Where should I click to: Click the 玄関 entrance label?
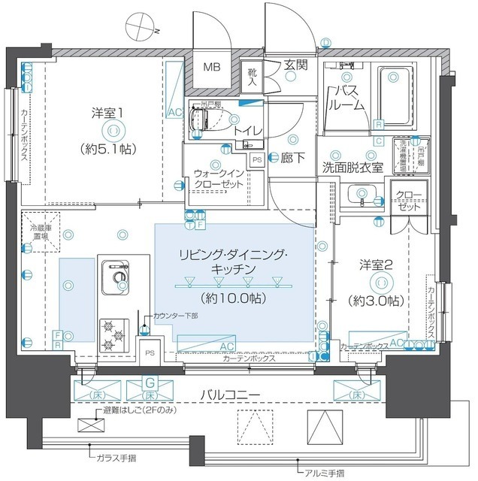pos(295,65)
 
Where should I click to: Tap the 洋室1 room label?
pos(108,113)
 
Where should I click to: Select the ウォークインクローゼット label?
pos(217,177)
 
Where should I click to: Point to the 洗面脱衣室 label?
pos(352,166)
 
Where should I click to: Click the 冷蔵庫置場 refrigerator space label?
pos(40,231)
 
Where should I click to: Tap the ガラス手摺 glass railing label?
pos(116,456)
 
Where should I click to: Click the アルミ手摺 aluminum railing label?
pos(326,472)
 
